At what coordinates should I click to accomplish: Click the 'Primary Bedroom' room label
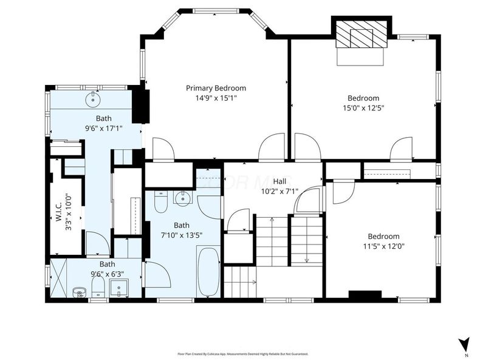(216, 88)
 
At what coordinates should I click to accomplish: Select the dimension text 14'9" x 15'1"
(216, 98)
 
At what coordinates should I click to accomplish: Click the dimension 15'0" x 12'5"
(363, 108)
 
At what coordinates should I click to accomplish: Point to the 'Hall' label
(279, 181)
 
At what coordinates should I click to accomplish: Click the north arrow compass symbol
(465, 343)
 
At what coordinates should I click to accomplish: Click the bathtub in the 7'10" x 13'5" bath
(209, 271)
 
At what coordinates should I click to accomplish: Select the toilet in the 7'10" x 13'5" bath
(161, 202)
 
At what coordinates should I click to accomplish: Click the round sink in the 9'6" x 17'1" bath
(94, 98)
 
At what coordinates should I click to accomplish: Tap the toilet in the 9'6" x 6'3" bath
(78, 293)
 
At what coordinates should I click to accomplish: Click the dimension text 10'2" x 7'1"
(279, 191)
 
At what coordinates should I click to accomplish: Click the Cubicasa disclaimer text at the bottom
(242, 354)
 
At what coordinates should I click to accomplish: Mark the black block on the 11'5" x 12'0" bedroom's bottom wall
(364, 295)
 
